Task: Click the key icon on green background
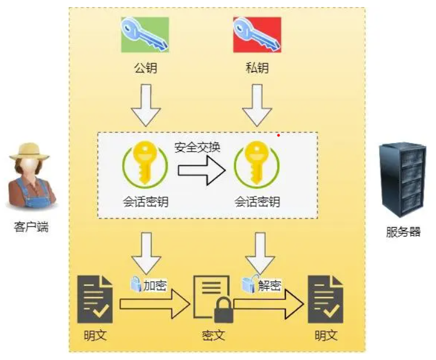click(x=145, y=35)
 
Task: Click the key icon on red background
click(x=257, y=35)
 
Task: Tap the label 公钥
click(x=145, y=68)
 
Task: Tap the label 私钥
click(x=257, y=68)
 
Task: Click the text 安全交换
click(x=197, y=148)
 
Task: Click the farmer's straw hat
click(x=29, y=151)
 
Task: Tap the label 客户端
click(x=31, y=227)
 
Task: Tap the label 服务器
click(x=403, y=231)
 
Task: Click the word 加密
click(x=156, y=286)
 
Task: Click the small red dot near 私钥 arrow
click(x=278, y=135)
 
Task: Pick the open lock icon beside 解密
click(x=249, y=285)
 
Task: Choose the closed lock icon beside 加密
click(x=136, y=285)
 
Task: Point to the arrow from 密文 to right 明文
click(x=268, y=304)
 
